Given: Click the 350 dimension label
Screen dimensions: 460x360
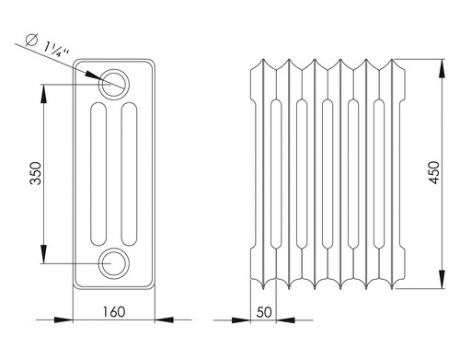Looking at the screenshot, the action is point(36,173).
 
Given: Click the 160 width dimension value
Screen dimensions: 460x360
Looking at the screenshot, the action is point(114,312).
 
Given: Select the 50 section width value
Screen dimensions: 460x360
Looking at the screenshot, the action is point(264,312).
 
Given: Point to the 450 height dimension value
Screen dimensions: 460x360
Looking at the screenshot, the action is point(434,172).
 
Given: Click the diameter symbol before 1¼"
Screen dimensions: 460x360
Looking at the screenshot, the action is point(31,40).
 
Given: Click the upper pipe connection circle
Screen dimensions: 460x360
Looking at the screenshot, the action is point(113,84).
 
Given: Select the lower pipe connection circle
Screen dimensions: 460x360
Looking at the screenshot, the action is point(113,263).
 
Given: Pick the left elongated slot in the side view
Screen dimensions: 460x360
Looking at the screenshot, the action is point(98,174).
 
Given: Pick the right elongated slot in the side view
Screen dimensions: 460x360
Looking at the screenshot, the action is point(129,174).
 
